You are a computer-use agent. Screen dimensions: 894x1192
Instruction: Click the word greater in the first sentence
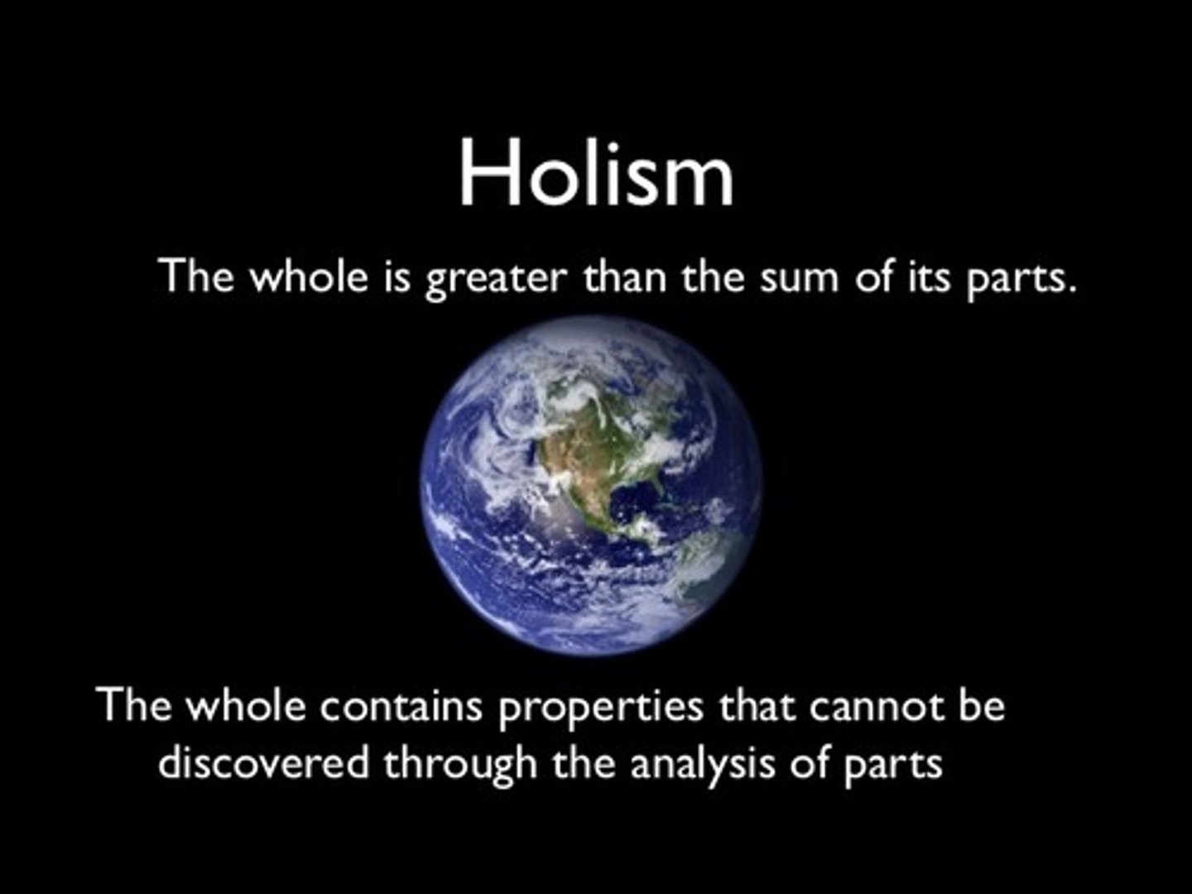click(x=494, y=278)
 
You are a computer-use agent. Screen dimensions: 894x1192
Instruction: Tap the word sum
click(x=797, y=276)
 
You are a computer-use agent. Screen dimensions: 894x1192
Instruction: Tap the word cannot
click(x=877, y=707)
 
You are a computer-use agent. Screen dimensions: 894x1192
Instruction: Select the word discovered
click(x=263, y=762)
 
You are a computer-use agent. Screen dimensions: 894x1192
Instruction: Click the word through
click(x=460, y=764)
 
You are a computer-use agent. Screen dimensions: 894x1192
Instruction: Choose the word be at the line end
click(x=982, y=707)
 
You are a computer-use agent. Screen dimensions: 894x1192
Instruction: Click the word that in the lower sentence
click(x=757, y=707)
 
